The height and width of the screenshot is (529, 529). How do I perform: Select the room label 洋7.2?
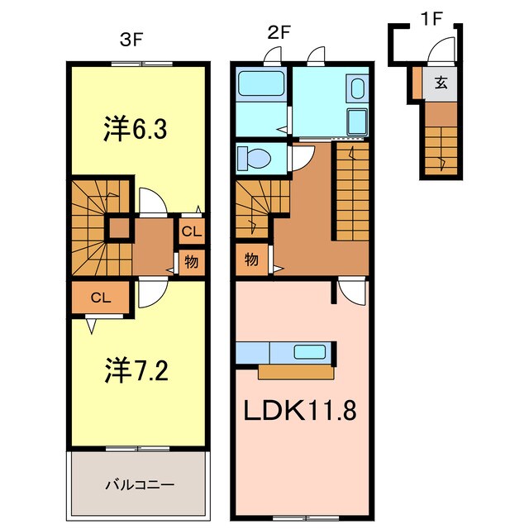137,369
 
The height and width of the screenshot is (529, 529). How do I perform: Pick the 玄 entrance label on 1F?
442,83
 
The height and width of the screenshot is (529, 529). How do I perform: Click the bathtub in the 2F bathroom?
260,85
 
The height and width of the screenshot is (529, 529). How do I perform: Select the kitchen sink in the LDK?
310,352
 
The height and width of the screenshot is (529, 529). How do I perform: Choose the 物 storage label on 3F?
192,262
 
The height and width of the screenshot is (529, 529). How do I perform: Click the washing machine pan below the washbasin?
359,121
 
